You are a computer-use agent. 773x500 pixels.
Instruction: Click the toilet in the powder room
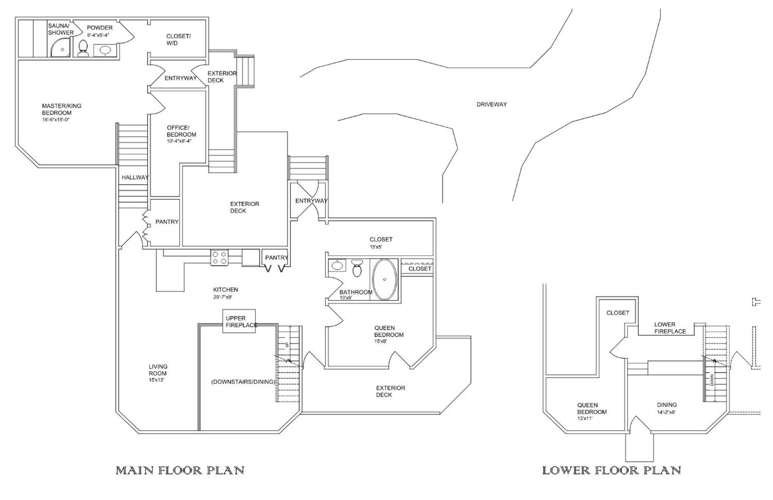click(83, 48)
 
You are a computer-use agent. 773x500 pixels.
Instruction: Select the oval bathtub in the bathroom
click(385, 280)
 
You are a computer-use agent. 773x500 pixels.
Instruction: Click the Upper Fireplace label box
click(239, 321)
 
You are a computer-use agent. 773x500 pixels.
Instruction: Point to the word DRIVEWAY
click(491, 104)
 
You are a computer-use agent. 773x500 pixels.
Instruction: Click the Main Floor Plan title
click(180, 470)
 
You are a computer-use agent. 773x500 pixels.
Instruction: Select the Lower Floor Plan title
click(612, 470)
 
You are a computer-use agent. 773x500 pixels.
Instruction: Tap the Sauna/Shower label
click(61, 29)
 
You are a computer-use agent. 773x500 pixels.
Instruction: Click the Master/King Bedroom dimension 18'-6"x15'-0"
click(56, 120)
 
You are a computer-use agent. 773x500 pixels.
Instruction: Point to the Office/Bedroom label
click(182, 131)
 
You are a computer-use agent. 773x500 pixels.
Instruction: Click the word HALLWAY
click(135, 177)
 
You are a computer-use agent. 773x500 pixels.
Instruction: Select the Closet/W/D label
click(179, 39)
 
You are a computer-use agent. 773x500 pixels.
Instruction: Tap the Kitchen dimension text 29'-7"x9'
click(223, 297)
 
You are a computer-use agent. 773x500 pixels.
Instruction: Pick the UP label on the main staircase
click(287, 345)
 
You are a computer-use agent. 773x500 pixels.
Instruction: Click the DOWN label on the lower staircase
click(712, 380)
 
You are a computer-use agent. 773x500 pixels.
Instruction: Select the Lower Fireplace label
click(670, 328)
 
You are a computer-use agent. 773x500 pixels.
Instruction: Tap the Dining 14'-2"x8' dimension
click(666, 412)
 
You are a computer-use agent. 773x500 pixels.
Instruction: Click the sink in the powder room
click(105, 50)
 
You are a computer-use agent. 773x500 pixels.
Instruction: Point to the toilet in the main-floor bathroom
click(357, 268)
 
